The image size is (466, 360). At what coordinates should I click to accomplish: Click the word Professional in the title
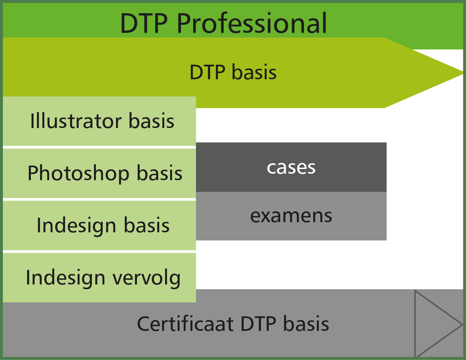252,23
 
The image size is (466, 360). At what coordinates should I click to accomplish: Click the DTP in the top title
144,23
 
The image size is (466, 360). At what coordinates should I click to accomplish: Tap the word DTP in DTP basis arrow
207,72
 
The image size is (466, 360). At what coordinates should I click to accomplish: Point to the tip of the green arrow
463,73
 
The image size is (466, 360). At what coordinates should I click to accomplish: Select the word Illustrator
76,121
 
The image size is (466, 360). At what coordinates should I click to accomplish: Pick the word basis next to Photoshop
160,173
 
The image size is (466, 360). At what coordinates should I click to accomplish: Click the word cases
291,168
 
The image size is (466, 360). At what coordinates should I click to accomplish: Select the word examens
291,216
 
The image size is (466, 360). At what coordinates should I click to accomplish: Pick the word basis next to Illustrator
151,121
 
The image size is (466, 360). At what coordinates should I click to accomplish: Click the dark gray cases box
291,167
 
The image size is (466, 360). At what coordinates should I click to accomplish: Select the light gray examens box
291,216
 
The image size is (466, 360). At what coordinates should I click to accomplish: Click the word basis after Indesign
147,225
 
